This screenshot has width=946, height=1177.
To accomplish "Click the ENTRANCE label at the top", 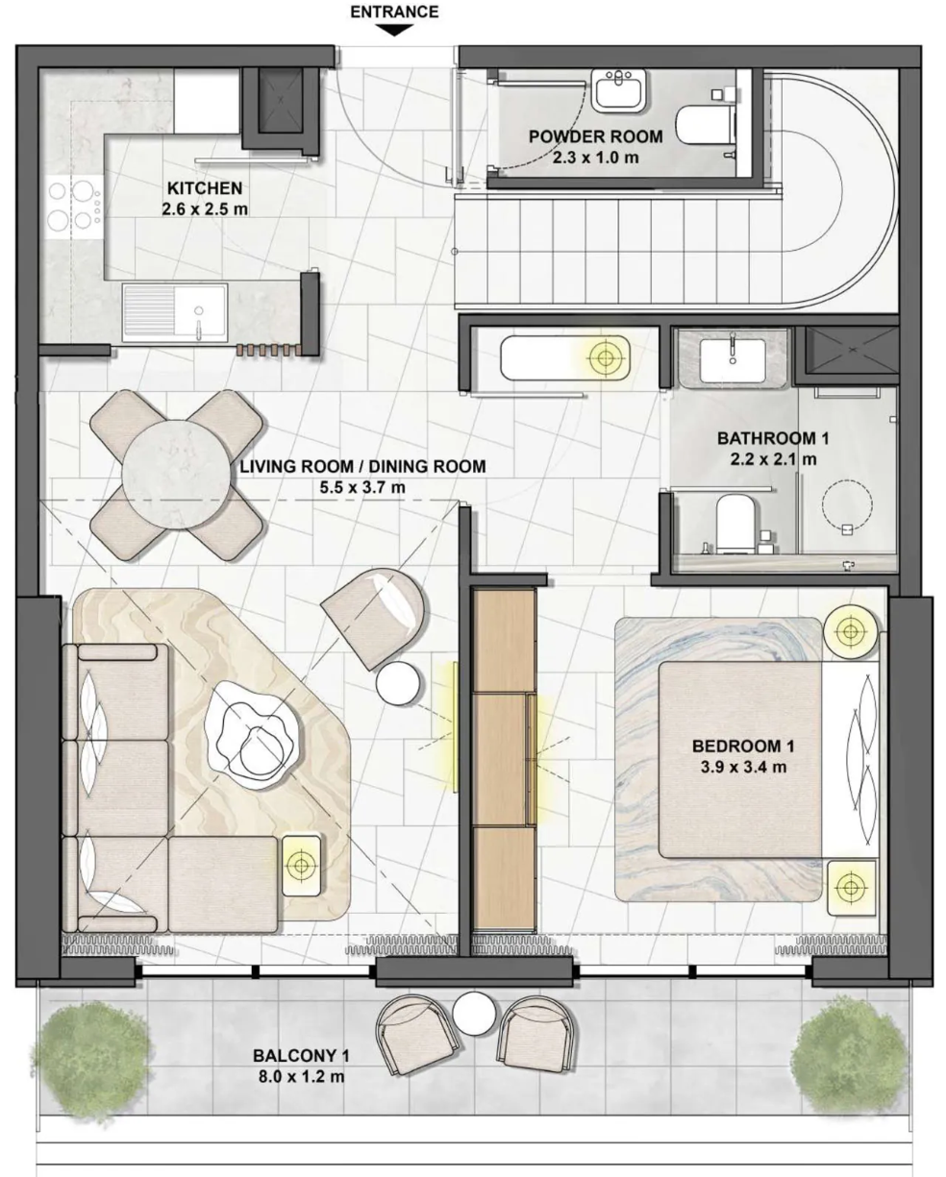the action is pyautogui.click(x=394, y=12).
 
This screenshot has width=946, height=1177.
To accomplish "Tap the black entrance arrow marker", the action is pyautogui.click(x=395, y=31).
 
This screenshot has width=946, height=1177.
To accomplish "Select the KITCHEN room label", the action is pyautogui.click(x=205, y=188).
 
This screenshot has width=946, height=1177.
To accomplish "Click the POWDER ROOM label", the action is pyautogui.click(x=596, y=136).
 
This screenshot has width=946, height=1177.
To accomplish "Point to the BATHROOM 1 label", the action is pyautogui.click(x=773, y=438).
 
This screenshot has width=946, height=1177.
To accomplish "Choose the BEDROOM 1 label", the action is pyautogui.click(x=743, y=746).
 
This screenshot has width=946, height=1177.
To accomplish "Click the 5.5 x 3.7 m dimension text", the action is pyautogui.click(x=362, y=487).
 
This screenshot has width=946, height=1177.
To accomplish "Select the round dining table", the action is pyautogui.click(x=176, y=474).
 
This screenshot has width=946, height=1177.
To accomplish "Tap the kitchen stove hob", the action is pyautogui.click(x=74, y=204).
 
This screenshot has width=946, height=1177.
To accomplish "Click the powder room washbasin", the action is pyautogui.click(x=619, y=91).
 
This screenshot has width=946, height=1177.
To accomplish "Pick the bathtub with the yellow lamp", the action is pyautogui.click(x=565, y=358).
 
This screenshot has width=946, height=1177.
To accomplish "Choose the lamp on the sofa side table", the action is pyautogui.click(x=301, y=865).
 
